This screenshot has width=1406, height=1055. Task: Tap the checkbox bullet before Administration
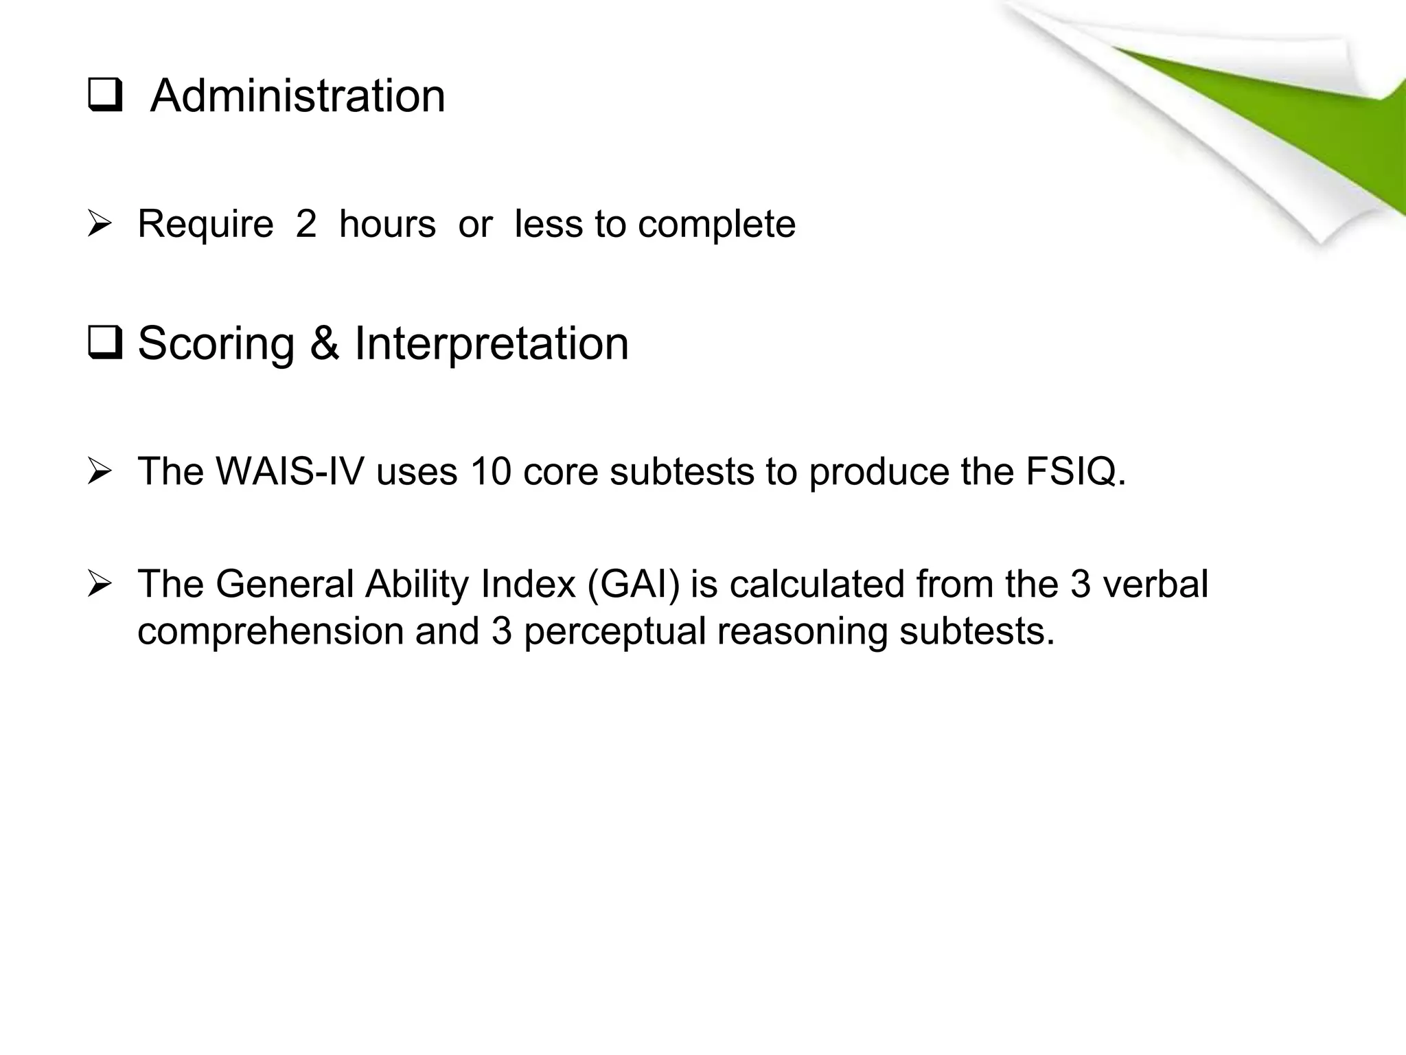(x=105, y=96)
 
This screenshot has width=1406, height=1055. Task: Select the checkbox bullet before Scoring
(x=105, y=344)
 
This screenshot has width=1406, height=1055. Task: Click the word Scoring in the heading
(x=216, y=343)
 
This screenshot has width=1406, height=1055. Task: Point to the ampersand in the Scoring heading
(x=324, y=343)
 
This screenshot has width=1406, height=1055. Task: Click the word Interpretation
(x=491, y=343)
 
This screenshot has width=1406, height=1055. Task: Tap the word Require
(x=205, y=225)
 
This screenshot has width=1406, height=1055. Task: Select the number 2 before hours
(x=306, y=224)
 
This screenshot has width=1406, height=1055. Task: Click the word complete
(x=716, y=225)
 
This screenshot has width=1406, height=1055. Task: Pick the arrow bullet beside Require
(x=100, y=225)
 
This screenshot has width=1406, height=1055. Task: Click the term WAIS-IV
(x=289, y=471)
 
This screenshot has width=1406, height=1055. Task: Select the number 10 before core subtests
(x=490, y=471)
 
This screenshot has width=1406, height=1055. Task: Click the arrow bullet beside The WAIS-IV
(x=100, y=472)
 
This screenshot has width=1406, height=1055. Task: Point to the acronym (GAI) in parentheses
(x=634, y=584)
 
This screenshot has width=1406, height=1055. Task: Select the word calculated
(x=816, y=584)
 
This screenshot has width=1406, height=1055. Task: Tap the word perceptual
(x=615, y=631)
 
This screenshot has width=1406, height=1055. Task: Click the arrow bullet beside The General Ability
(x=100, y=585)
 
